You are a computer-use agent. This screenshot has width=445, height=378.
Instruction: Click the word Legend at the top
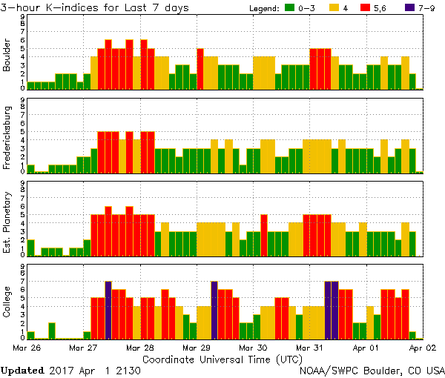[264, 7]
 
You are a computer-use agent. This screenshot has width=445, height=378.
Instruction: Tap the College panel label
[7, 301]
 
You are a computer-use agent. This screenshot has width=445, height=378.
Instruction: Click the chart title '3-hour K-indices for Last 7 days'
[95, 7]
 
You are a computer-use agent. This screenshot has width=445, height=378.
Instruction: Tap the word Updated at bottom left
[22, 370]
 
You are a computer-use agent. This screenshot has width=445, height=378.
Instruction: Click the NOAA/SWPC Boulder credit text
[372, 370]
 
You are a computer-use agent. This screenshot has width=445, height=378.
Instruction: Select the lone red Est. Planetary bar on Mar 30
[264, 231]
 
